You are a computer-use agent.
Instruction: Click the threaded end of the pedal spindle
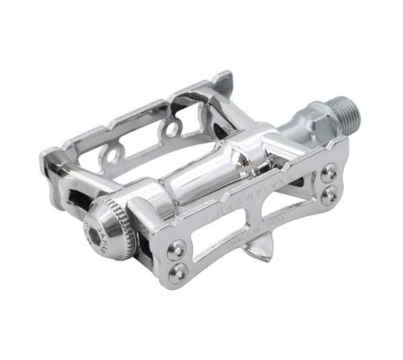click(347, 114)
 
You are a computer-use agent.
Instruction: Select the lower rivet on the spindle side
click(329, 195)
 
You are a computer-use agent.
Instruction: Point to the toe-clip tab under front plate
click(258, 252)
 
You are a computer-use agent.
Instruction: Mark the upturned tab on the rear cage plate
click(221, 81)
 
